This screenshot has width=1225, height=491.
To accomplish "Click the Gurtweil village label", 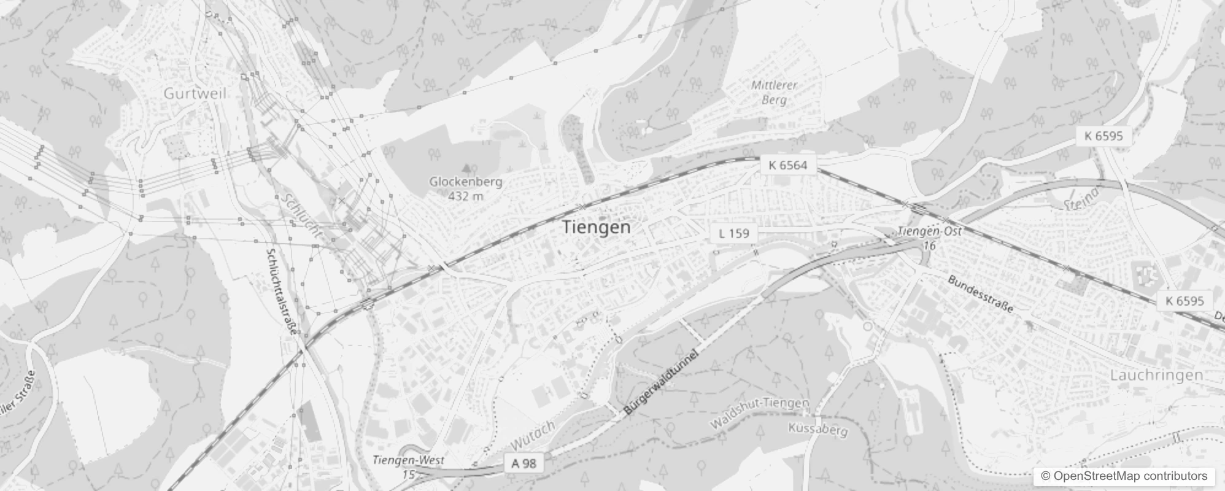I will point(195,93).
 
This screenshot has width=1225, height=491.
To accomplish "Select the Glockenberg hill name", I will point(465,182).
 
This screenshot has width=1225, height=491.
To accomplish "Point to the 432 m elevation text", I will point(466,196).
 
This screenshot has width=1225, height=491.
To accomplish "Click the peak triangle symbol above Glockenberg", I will point(466,166).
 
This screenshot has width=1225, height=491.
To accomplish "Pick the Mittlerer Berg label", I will point(774,92).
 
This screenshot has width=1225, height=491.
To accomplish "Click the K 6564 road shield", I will point(788,164).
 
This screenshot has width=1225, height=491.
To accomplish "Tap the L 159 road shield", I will point(734,233).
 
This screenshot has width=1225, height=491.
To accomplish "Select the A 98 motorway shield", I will point(524,463).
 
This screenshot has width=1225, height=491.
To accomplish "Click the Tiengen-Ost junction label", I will point(929,232).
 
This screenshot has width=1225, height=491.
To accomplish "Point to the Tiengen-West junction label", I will point(408,460).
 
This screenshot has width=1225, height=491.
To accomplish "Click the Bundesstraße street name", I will point(980,293).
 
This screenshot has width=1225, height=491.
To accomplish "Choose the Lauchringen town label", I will point(1156,375).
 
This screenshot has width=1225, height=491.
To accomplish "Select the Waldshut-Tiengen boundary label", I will point(760,413).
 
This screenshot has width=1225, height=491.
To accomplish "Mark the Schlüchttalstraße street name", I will point(282,291).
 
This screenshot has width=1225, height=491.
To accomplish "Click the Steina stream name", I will point(1082,196).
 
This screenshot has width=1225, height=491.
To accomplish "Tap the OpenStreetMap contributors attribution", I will point(1124,476).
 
